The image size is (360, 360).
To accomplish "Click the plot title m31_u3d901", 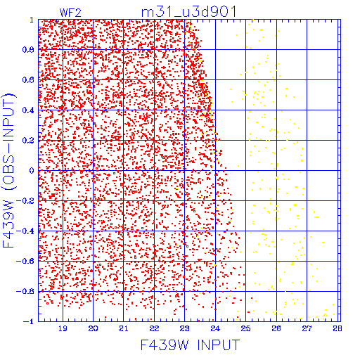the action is click(188, 12).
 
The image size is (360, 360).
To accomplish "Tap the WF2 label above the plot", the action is click(70, 13).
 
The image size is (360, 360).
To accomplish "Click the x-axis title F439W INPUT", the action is click(190, 345).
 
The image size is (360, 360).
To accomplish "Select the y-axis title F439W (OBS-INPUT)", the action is click(8, 170).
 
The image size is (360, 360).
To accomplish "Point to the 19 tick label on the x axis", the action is click(63, 328).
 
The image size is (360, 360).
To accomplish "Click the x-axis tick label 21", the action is click(124, 328).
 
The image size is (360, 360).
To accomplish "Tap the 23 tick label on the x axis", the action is click(185, 328).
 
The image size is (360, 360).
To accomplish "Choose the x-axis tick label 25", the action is click(245, 328).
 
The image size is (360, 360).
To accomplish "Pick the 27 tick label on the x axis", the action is click(307, 328).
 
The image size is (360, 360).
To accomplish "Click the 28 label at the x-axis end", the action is click(337, 328).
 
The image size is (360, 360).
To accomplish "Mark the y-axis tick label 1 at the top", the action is click(32, 20).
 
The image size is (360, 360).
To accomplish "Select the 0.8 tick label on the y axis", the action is click(28, 50).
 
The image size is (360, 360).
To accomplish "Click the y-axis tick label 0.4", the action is click(28, 110).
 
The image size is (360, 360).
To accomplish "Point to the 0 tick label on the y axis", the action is click(32, 170).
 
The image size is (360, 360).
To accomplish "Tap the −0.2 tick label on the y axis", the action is click(25, 201).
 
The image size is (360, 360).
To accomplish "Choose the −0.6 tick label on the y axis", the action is click(25, 261).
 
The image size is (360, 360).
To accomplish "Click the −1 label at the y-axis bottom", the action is click(29, 321).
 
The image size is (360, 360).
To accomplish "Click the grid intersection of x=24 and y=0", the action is click(215, 170).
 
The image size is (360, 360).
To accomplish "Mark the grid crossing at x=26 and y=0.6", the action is click(276, 80).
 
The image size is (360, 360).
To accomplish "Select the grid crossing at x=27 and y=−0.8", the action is click(307, 291).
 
